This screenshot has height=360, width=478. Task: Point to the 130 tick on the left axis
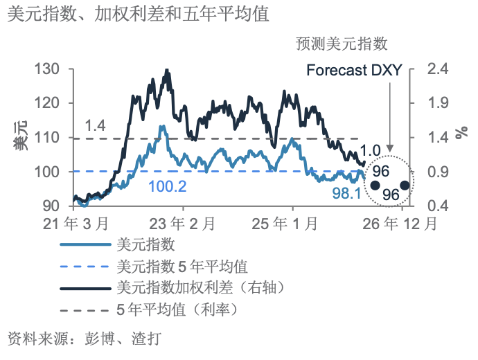coord(50,69)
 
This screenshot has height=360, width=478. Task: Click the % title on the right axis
coord(461,136)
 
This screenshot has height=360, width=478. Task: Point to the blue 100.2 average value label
coord(167,187)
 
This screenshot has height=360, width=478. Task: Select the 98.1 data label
coord(346,194)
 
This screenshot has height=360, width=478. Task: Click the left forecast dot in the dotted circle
coord(375,186)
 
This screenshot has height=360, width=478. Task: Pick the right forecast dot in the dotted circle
coord(404,186)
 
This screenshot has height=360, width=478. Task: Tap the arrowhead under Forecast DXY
coord(390,148)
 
